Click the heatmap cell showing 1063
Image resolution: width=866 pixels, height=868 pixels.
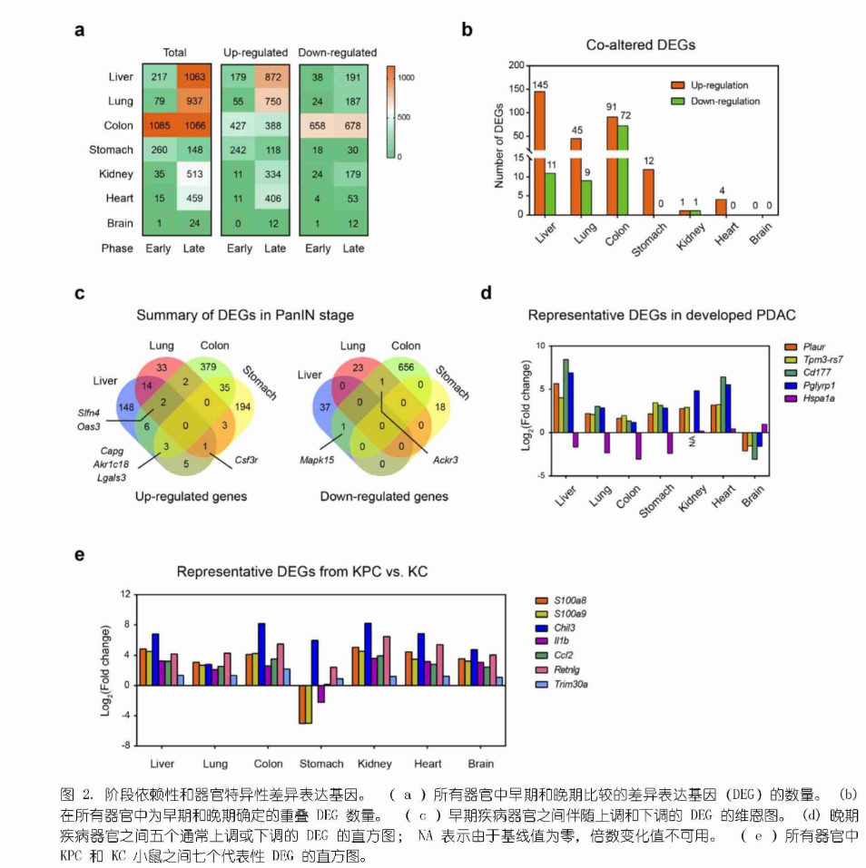(194, 77)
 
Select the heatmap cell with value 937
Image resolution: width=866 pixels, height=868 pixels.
(194, 102)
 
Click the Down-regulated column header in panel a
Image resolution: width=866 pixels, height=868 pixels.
(338, 53)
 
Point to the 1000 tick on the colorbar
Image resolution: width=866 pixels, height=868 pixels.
(408, 78)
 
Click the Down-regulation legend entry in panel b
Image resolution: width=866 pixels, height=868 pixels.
(724, 102)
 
